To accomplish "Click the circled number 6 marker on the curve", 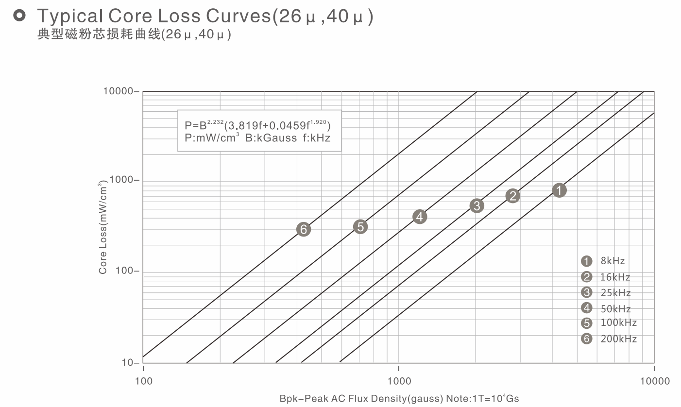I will point(304,229).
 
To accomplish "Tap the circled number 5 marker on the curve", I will point(360,226).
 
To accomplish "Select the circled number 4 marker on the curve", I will point(420,217).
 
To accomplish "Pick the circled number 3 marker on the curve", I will point(477,205).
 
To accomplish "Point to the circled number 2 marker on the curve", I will point(512,196).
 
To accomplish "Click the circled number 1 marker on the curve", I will point(560,190).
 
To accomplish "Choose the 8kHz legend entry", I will point(603,261).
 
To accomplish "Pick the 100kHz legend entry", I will point(609,323).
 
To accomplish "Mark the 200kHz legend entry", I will point(609,339).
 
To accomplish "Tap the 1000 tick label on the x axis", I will point(398,381).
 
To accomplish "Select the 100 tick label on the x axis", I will point(143,381).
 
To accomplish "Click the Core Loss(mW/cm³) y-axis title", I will point(103,227).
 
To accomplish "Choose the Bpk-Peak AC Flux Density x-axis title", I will point(399,399).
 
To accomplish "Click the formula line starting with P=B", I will point(258,125).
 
